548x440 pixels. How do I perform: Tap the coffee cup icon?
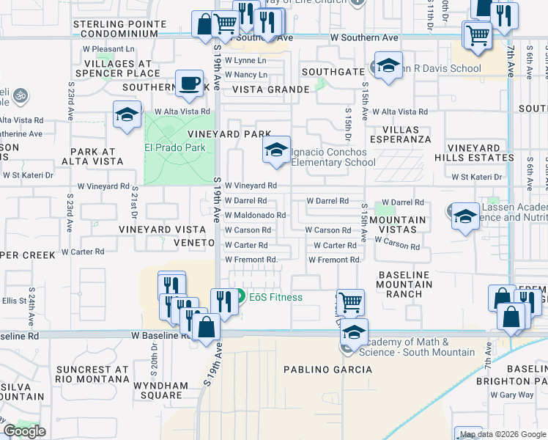point(190,83)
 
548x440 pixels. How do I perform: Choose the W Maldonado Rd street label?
point(255,215)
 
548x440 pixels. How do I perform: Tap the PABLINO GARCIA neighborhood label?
point(327,370)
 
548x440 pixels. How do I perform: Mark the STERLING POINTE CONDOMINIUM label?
point(116,29)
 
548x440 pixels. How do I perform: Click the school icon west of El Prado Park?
point(127,115)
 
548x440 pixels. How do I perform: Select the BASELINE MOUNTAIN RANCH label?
point(404,285)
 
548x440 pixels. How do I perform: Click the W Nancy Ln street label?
point(245,75)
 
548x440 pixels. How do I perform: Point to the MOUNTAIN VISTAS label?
point(398,225)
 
